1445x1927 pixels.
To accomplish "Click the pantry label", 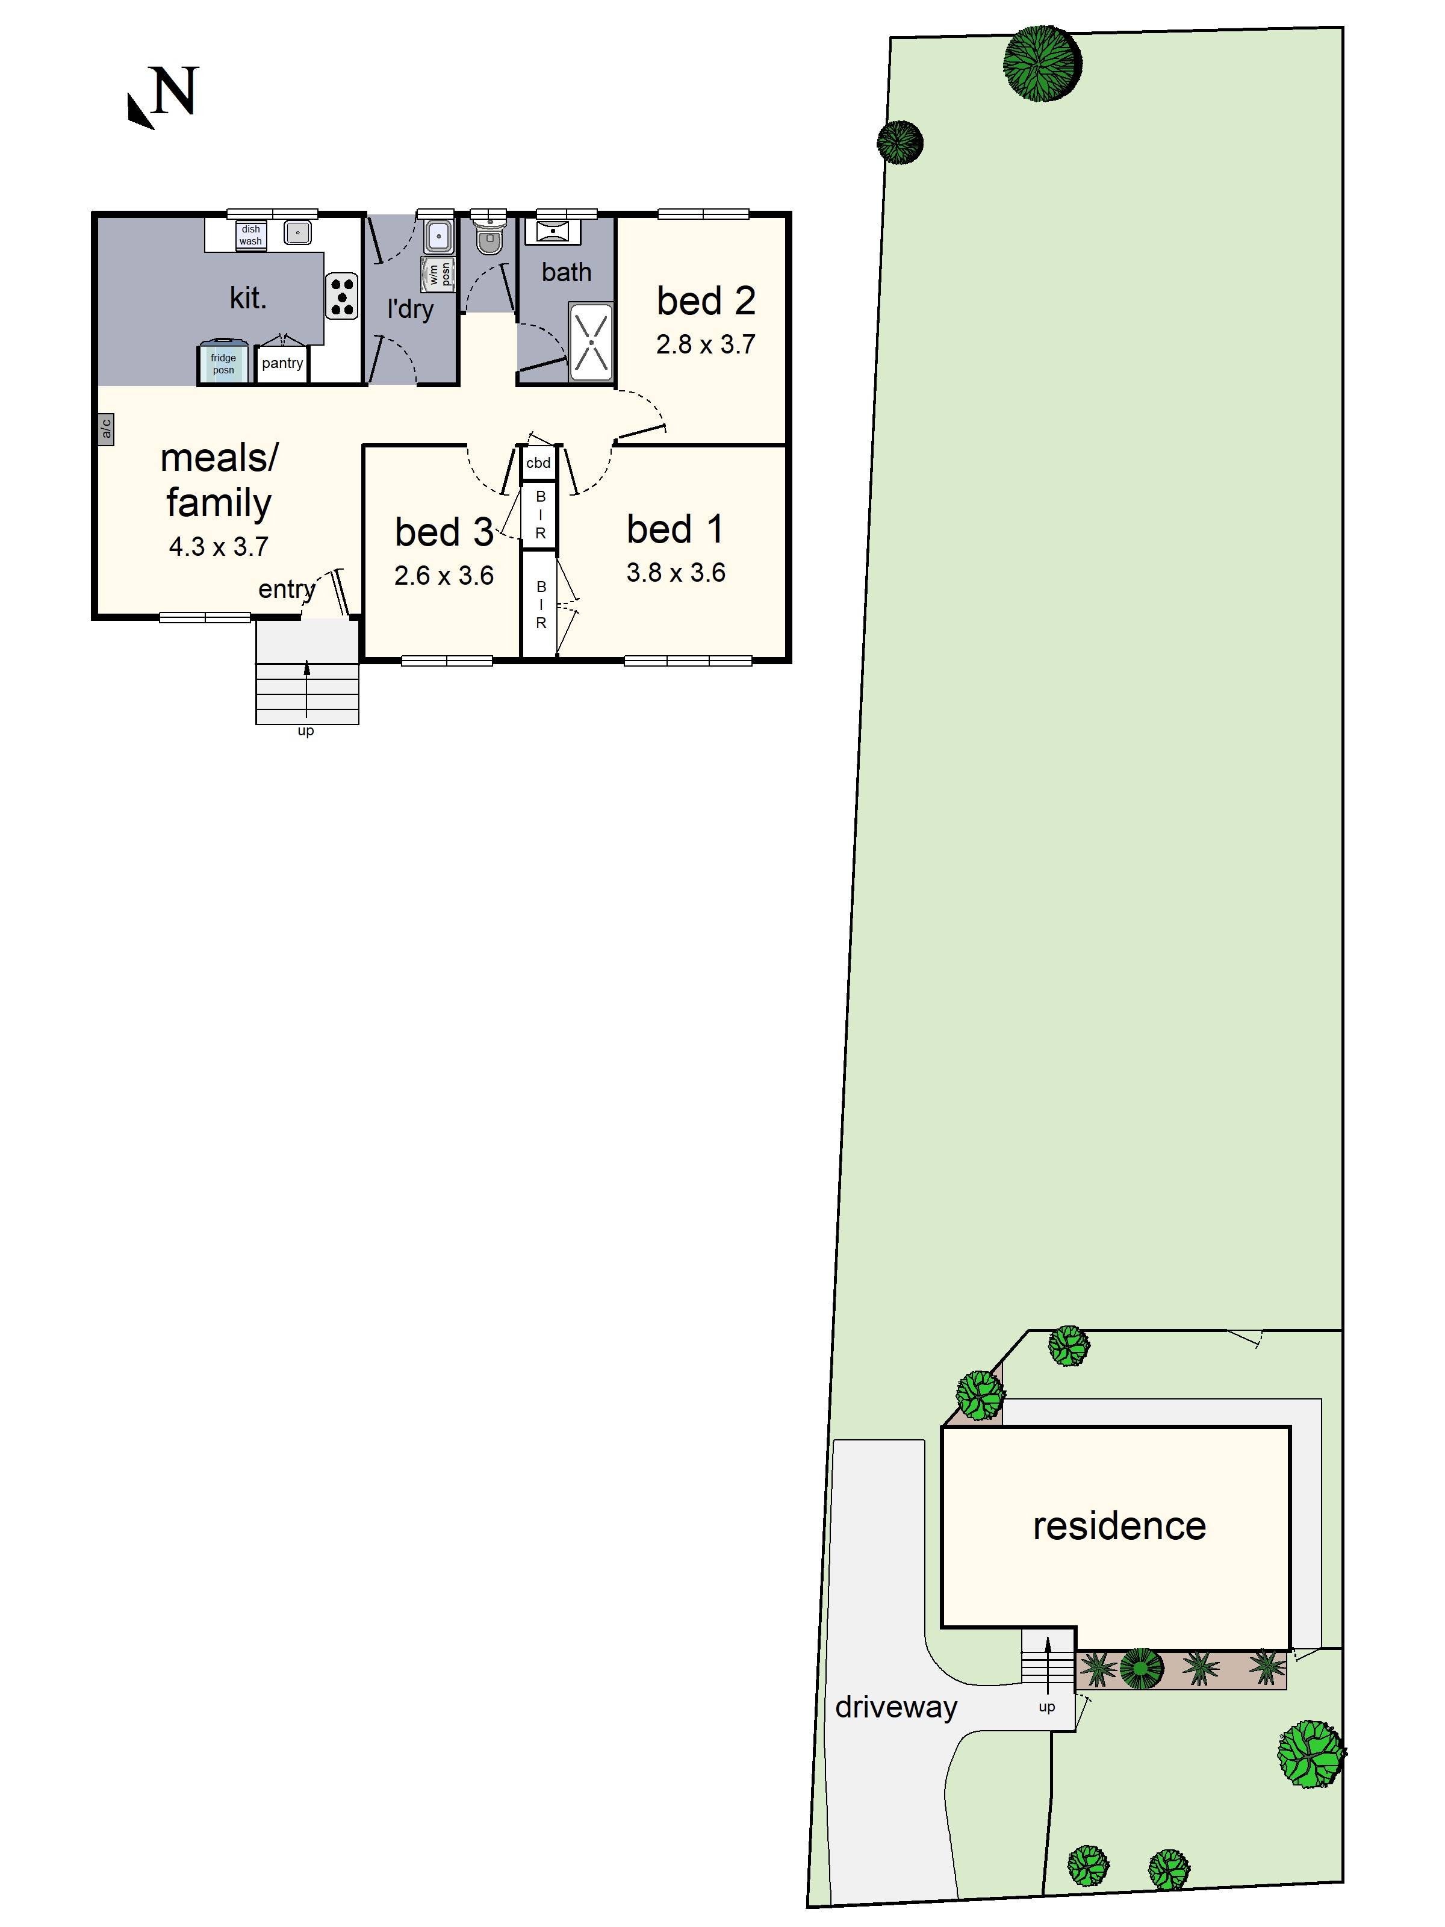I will [x=282, y=363].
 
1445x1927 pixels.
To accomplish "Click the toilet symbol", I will [x=489, y=237].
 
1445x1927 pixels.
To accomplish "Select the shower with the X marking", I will [x=591, y=341].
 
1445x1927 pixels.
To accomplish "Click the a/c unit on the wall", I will [x=105, y=429].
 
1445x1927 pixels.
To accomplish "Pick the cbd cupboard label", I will [x=538, y=462].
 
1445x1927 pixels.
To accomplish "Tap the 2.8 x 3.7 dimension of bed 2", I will [x=706, y=345].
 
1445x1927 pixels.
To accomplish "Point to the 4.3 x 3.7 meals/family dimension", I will [x=219, y=546].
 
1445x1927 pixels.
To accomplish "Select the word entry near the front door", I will [x=286, y=590].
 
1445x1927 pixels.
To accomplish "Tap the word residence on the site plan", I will [x=1119, y=1525].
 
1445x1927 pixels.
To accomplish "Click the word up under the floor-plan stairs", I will [x=306, y=731].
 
